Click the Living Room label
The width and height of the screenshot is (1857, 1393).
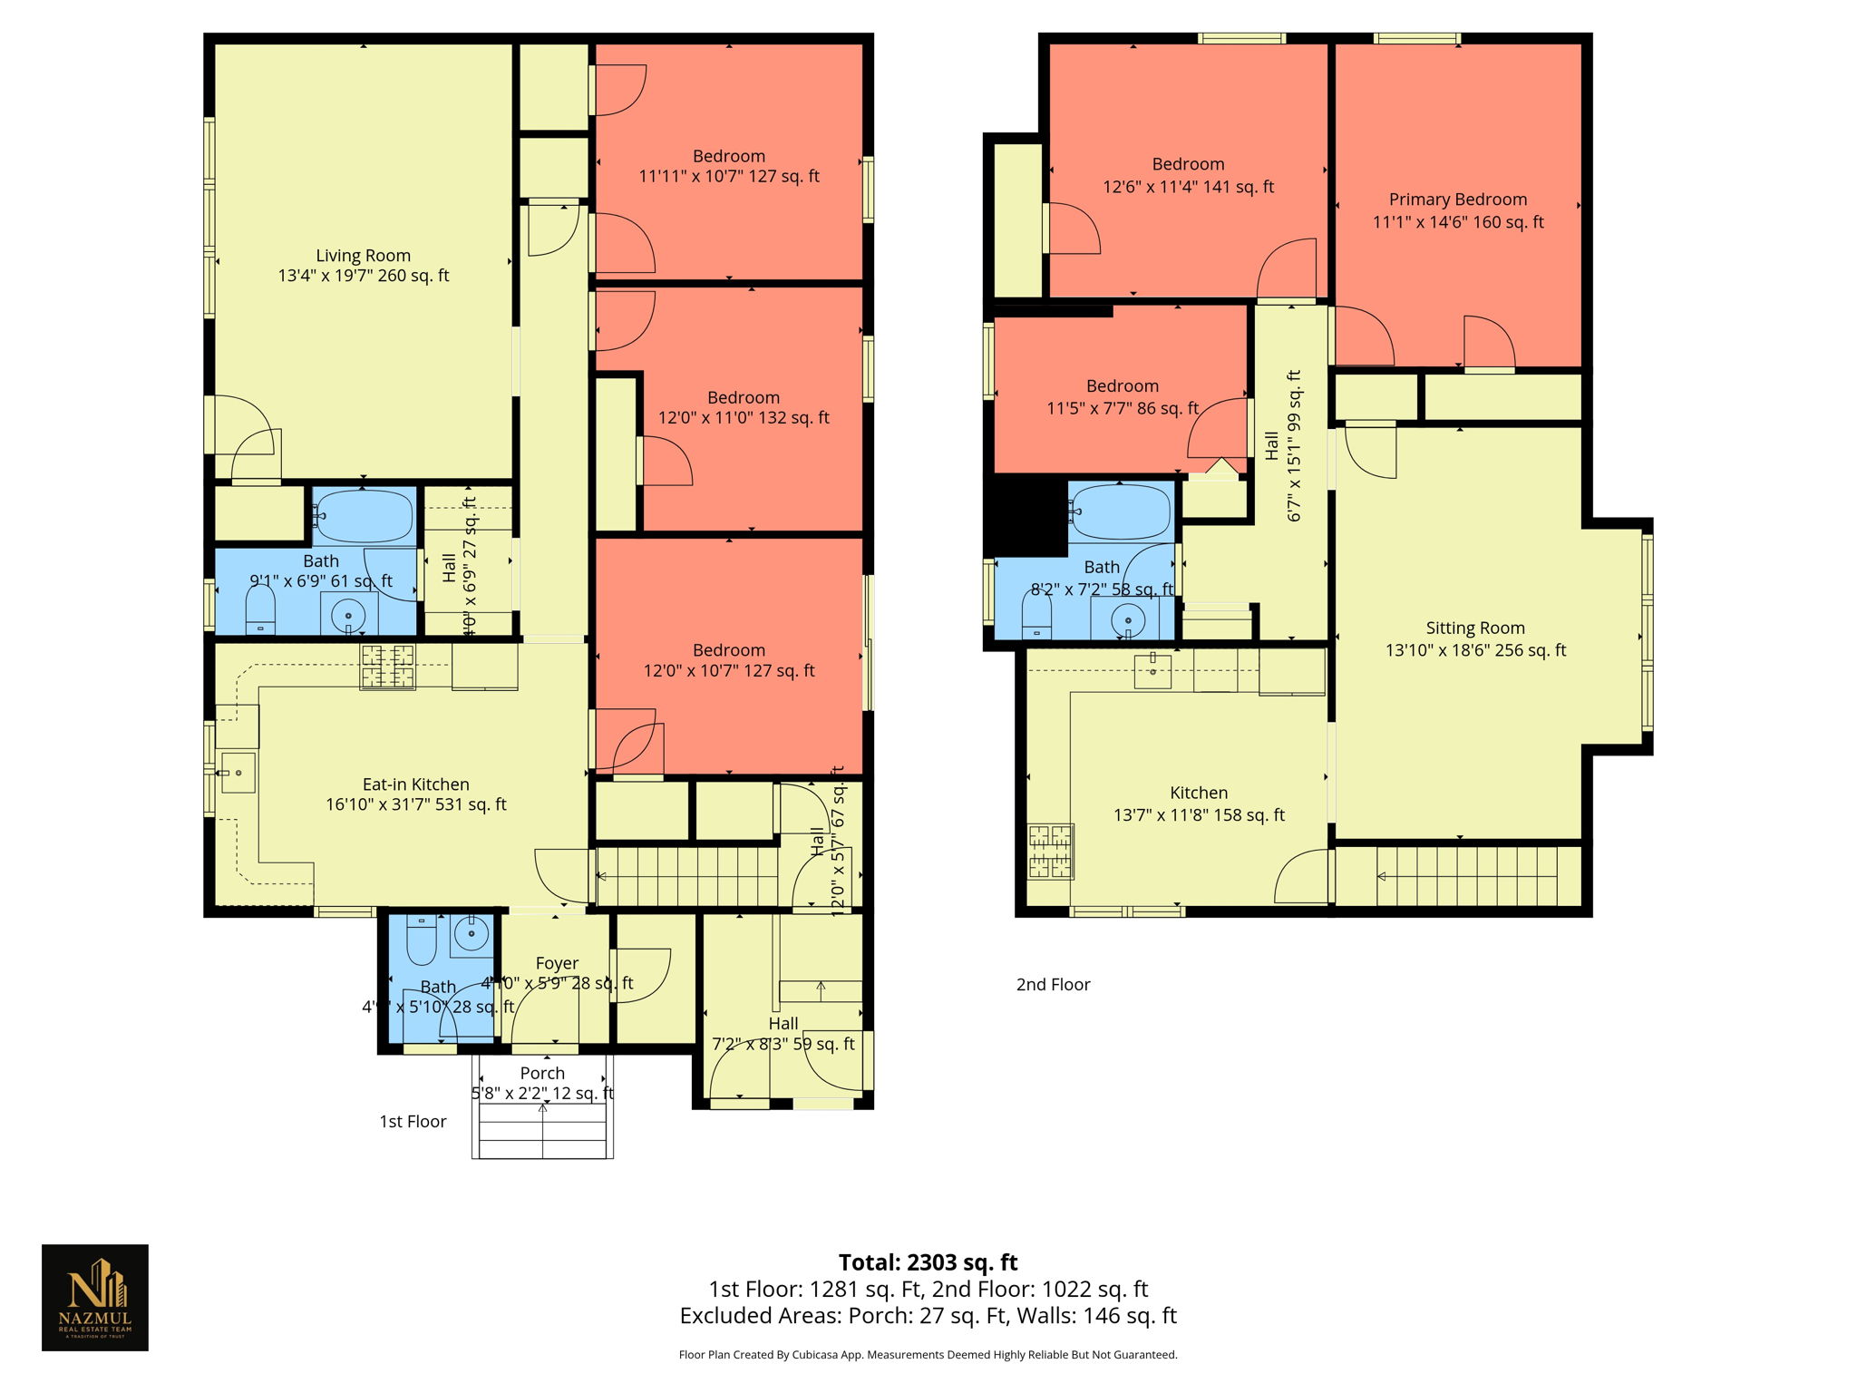(363, 256)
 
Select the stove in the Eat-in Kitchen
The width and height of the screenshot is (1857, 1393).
(387, 667)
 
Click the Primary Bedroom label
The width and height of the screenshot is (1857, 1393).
(1457, 200)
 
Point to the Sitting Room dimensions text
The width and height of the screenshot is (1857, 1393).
(1475, 650)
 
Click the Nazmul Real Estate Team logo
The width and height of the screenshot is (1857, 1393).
(95, 1297)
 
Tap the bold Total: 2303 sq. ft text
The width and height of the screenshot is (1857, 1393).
(928, 1262)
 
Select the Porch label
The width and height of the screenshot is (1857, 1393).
(542, 1073)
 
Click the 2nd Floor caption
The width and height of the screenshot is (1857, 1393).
(1053, 984)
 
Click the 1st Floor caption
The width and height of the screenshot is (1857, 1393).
(413, 1122)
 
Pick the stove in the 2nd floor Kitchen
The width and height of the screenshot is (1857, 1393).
(1050, 852)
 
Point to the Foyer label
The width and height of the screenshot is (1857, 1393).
(557, 963)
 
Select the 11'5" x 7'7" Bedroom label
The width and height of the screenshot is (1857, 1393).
(1123, 386)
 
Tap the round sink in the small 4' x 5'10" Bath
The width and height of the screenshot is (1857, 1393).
(471, 931)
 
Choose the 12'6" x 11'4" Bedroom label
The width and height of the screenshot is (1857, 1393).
(1188, 164)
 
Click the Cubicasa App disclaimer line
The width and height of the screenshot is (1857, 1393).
(928, 1355)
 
